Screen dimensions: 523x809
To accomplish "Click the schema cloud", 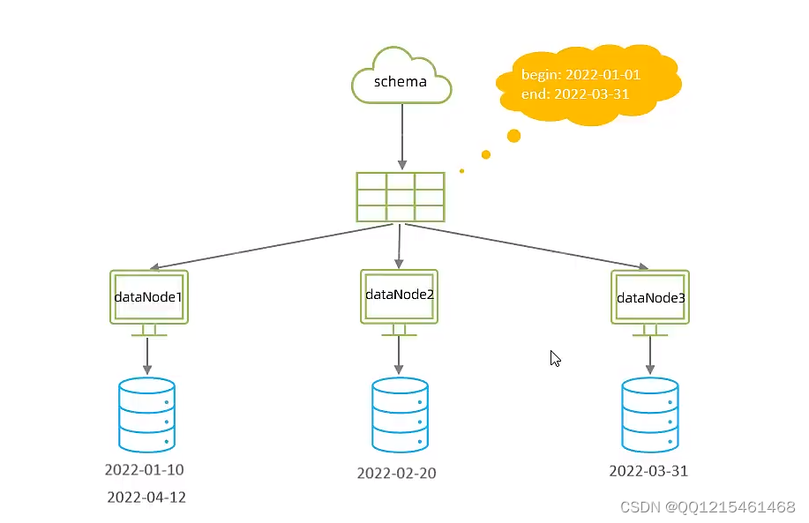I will [x=401, y=82].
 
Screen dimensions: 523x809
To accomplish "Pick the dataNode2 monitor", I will [x=400, y=295].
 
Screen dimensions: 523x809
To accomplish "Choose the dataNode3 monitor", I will [x=650, y=298].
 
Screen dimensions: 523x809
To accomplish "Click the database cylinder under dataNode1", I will [x=146, y=415].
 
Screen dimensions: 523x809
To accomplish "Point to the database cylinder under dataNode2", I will [x=400, y=415].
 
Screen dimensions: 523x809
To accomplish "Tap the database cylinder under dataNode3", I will [x=650, y=415].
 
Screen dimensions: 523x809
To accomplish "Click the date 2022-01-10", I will [x=144, y=469].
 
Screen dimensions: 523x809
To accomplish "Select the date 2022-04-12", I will [x=146, y=497].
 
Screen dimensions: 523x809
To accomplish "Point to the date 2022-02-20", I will [x=396, y=474].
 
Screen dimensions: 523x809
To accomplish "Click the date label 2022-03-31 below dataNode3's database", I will [x=648, y=471].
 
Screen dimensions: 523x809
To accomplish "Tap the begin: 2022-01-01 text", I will [x=581, y=75].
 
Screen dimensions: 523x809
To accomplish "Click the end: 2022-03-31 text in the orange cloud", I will [x=575, y=93].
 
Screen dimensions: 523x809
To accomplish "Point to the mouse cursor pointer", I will [x=555, y=358].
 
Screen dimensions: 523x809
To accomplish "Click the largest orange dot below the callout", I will [x=513, y=136].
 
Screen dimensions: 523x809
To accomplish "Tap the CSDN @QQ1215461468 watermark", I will [x=708, y=507].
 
